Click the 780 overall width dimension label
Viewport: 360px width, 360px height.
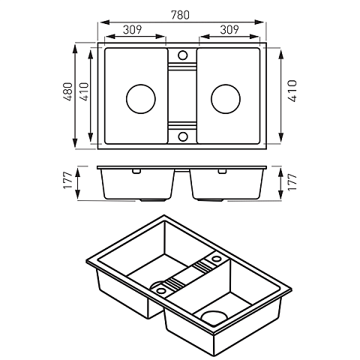(x=180, y=15)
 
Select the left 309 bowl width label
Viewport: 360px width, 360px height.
(x=133, y=30)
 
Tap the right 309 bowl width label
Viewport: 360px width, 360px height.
(x=229, y=30)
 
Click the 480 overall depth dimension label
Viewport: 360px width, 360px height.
(x=68, y=91)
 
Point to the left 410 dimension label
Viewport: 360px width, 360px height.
(x=84, y=91)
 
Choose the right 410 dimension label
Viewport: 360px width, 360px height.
(x=292, y=91)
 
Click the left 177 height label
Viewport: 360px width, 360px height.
(x=68, y=181)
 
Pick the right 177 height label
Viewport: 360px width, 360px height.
(x=292, y=181)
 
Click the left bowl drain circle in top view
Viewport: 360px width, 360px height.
(x=141, y=99)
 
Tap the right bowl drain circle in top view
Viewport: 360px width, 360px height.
(x=226, y=99)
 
